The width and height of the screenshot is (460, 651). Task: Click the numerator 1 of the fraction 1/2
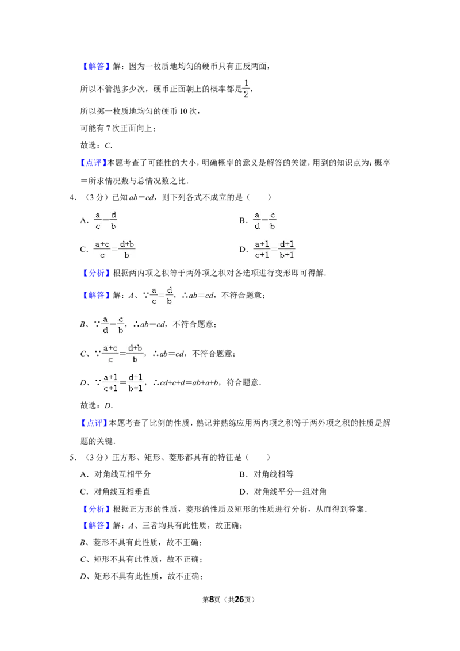pyautogui.click(x=247, y=83)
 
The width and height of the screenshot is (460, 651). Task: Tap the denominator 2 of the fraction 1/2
pyautogui.click(x=246, y=94)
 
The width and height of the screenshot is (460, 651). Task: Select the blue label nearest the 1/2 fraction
pyautogui.click(x=96, y=67)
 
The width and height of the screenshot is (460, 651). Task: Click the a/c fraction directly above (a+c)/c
pyautogui.click(x=98, y=221)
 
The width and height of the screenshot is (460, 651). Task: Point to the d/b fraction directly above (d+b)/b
pyautogui.click(x=114, y=221)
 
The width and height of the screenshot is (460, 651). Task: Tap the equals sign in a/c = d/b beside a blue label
pyautogui.click(x=162, y=295)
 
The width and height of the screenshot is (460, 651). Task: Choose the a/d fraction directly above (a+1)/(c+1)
pyautogui.click(x=257, y=221)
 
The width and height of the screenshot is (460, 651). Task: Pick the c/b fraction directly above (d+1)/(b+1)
pyautogui.click(x=273, y=221)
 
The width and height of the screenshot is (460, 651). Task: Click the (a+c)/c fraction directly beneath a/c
pyautogui.click(x=102, y=248)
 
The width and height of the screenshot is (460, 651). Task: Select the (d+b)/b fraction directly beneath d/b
pyautogui.click(x=128, y=248)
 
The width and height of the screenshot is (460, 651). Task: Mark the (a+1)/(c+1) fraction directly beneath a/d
pyautogui.click(x=262, y=248)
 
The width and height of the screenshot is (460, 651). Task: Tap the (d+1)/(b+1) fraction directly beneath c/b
pyautogui.click(x=287, y=248)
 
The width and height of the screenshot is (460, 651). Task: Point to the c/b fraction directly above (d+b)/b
pyautogui.click(x=121, y=324)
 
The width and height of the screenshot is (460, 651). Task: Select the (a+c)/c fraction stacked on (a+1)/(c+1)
pyautogui.click(x=110, y=354)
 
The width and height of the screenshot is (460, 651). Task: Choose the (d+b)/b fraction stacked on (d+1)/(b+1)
pyautogui.click(x=135, y=354)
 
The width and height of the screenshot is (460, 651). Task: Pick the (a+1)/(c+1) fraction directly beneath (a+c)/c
pyautogui.click(x=110, y=382)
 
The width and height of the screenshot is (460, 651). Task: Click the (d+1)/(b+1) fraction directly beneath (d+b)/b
pyautogui.click(x=136, y=382)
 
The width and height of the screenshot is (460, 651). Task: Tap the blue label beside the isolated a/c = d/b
pyautogui.click(x=96, y=295)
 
